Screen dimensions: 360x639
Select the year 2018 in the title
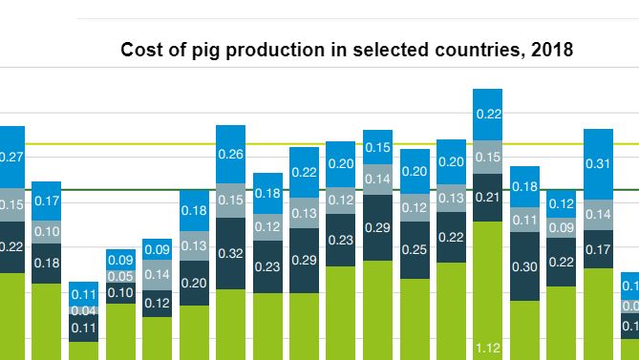pos(552,51)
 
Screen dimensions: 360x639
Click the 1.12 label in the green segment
pos(487,347)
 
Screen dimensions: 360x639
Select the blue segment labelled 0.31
pos(597,163)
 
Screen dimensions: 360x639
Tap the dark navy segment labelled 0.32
pos(230,254)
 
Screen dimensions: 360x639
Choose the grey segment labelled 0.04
pos(83,310)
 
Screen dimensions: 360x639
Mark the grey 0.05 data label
pos(120,277)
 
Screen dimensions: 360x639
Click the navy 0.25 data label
pos(414,250)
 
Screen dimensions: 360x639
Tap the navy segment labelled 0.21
pos(487,198)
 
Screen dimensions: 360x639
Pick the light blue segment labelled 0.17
pos(47,201)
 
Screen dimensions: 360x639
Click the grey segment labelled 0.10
pos(47,232)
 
